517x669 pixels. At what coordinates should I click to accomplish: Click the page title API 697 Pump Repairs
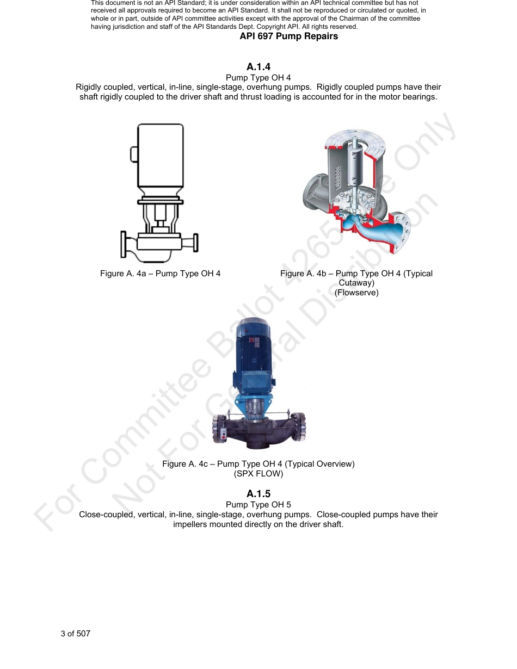coord(288,36)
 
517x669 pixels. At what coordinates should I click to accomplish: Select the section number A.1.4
coord(258,67)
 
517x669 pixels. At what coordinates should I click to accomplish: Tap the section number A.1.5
coord(258,494)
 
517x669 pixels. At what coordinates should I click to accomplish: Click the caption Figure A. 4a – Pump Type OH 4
coord(160,274)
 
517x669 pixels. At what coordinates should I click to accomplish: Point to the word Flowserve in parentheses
coord(356,293)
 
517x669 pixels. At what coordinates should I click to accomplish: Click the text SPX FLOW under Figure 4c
coord(258,474)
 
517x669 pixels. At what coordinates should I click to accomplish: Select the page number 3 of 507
coord(76,634)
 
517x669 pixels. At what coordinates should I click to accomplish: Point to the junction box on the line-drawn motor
coord(134,154)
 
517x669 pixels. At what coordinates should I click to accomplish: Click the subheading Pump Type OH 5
coord(258,505)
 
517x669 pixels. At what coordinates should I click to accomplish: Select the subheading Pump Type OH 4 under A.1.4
coord(258,78)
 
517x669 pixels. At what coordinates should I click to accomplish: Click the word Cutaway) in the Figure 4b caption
coord(356,283)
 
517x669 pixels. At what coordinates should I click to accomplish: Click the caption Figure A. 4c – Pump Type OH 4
coord(258,464)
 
